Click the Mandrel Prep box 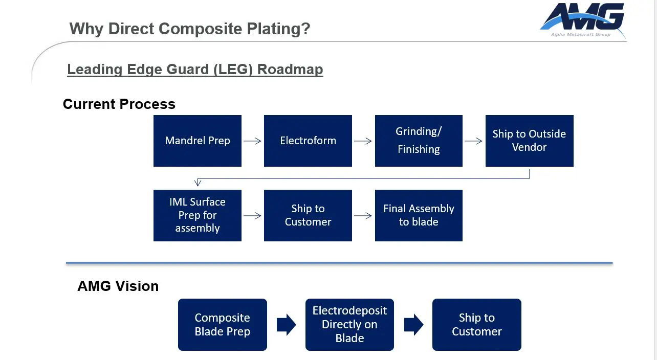(x=198, y=141)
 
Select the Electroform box (x=308, y=141)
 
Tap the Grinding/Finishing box (x=419, y=141)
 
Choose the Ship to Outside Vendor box (x=529, y=141)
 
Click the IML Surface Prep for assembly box (x=198, y=215)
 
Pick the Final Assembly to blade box (x=419, y=215)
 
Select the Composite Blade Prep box (x=223, y=325)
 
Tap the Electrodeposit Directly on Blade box (x=349, y=325)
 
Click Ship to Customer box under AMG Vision (x=476, y=325)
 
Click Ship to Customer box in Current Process (x=308, y=215)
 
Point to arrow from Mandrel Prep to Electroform (x=252, y=141)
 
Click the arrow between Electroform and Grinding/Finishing (x=363, y=141)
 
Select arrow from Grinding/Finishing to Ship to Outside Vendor (x=473, y=141)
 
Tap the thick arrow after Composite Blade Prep (x=286, y=325)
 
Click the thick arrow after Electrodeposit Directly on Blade (x=413, y=325)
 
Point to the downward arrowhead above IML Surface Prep (x=198, y=183)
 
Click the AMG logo (x=583, y=20)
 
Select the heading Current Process (x=119, y=104)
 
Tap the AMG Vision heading (x=118, y=286)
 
